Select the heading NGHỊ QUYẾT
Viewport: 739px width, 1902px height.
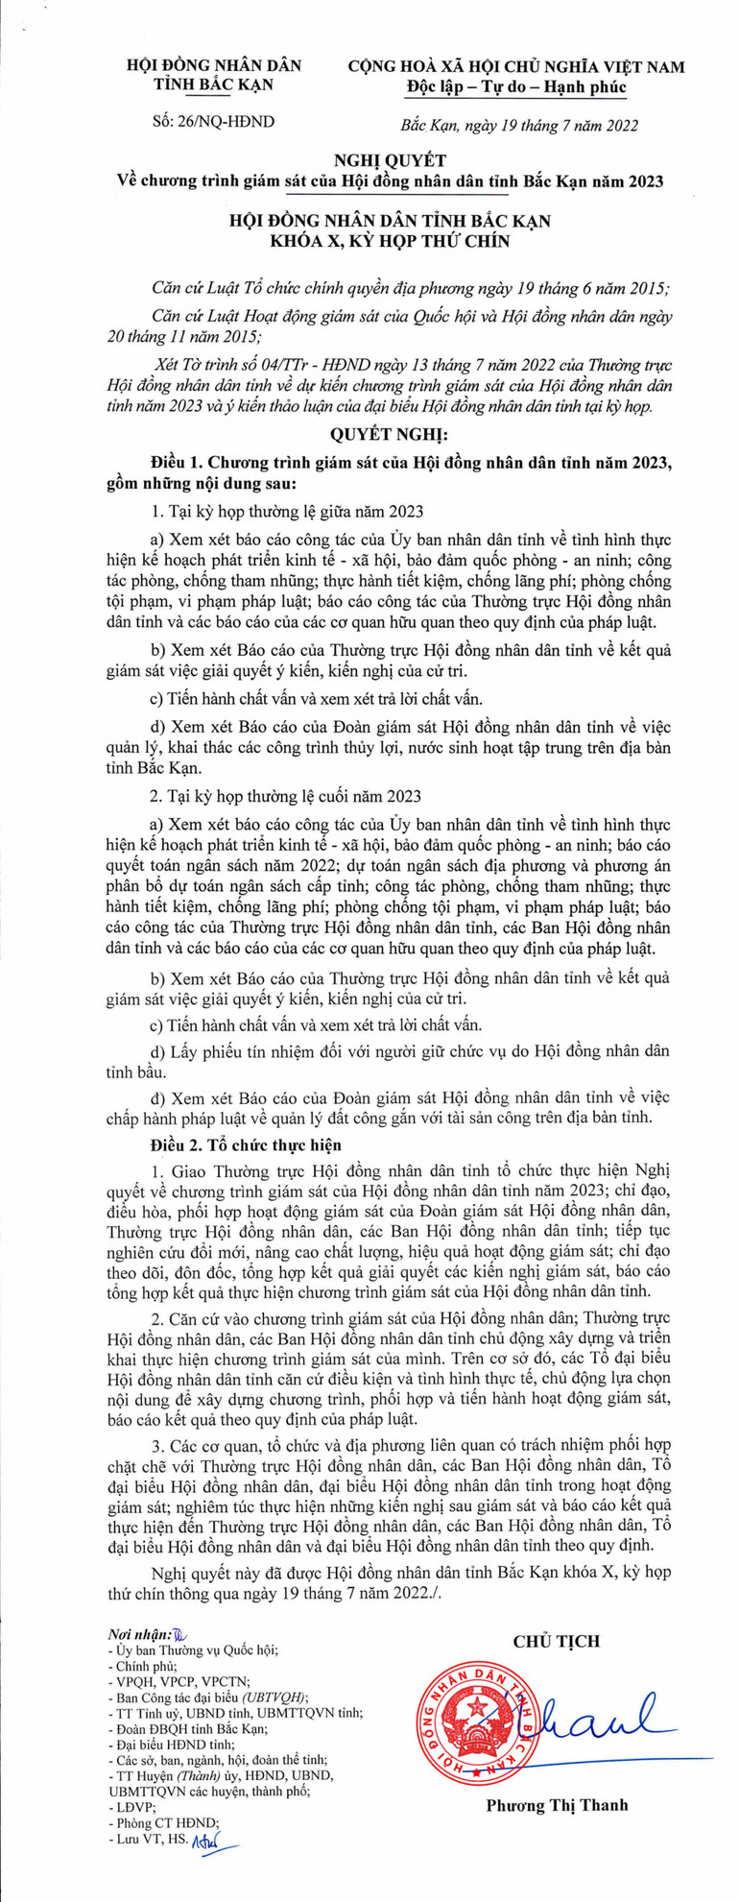pos(369,159)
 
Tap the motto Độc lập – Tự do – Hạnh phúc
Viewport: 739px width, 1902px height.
pos(515,87)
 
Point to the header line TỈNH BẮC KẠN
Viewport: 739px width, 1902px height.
pos(214,85)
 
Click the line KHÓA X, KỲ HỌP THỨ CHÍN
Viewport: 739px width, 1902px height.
pos(369,241)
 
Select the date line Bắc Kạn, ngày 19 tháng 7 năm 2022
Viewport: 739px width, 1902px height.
pos(517,123)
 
